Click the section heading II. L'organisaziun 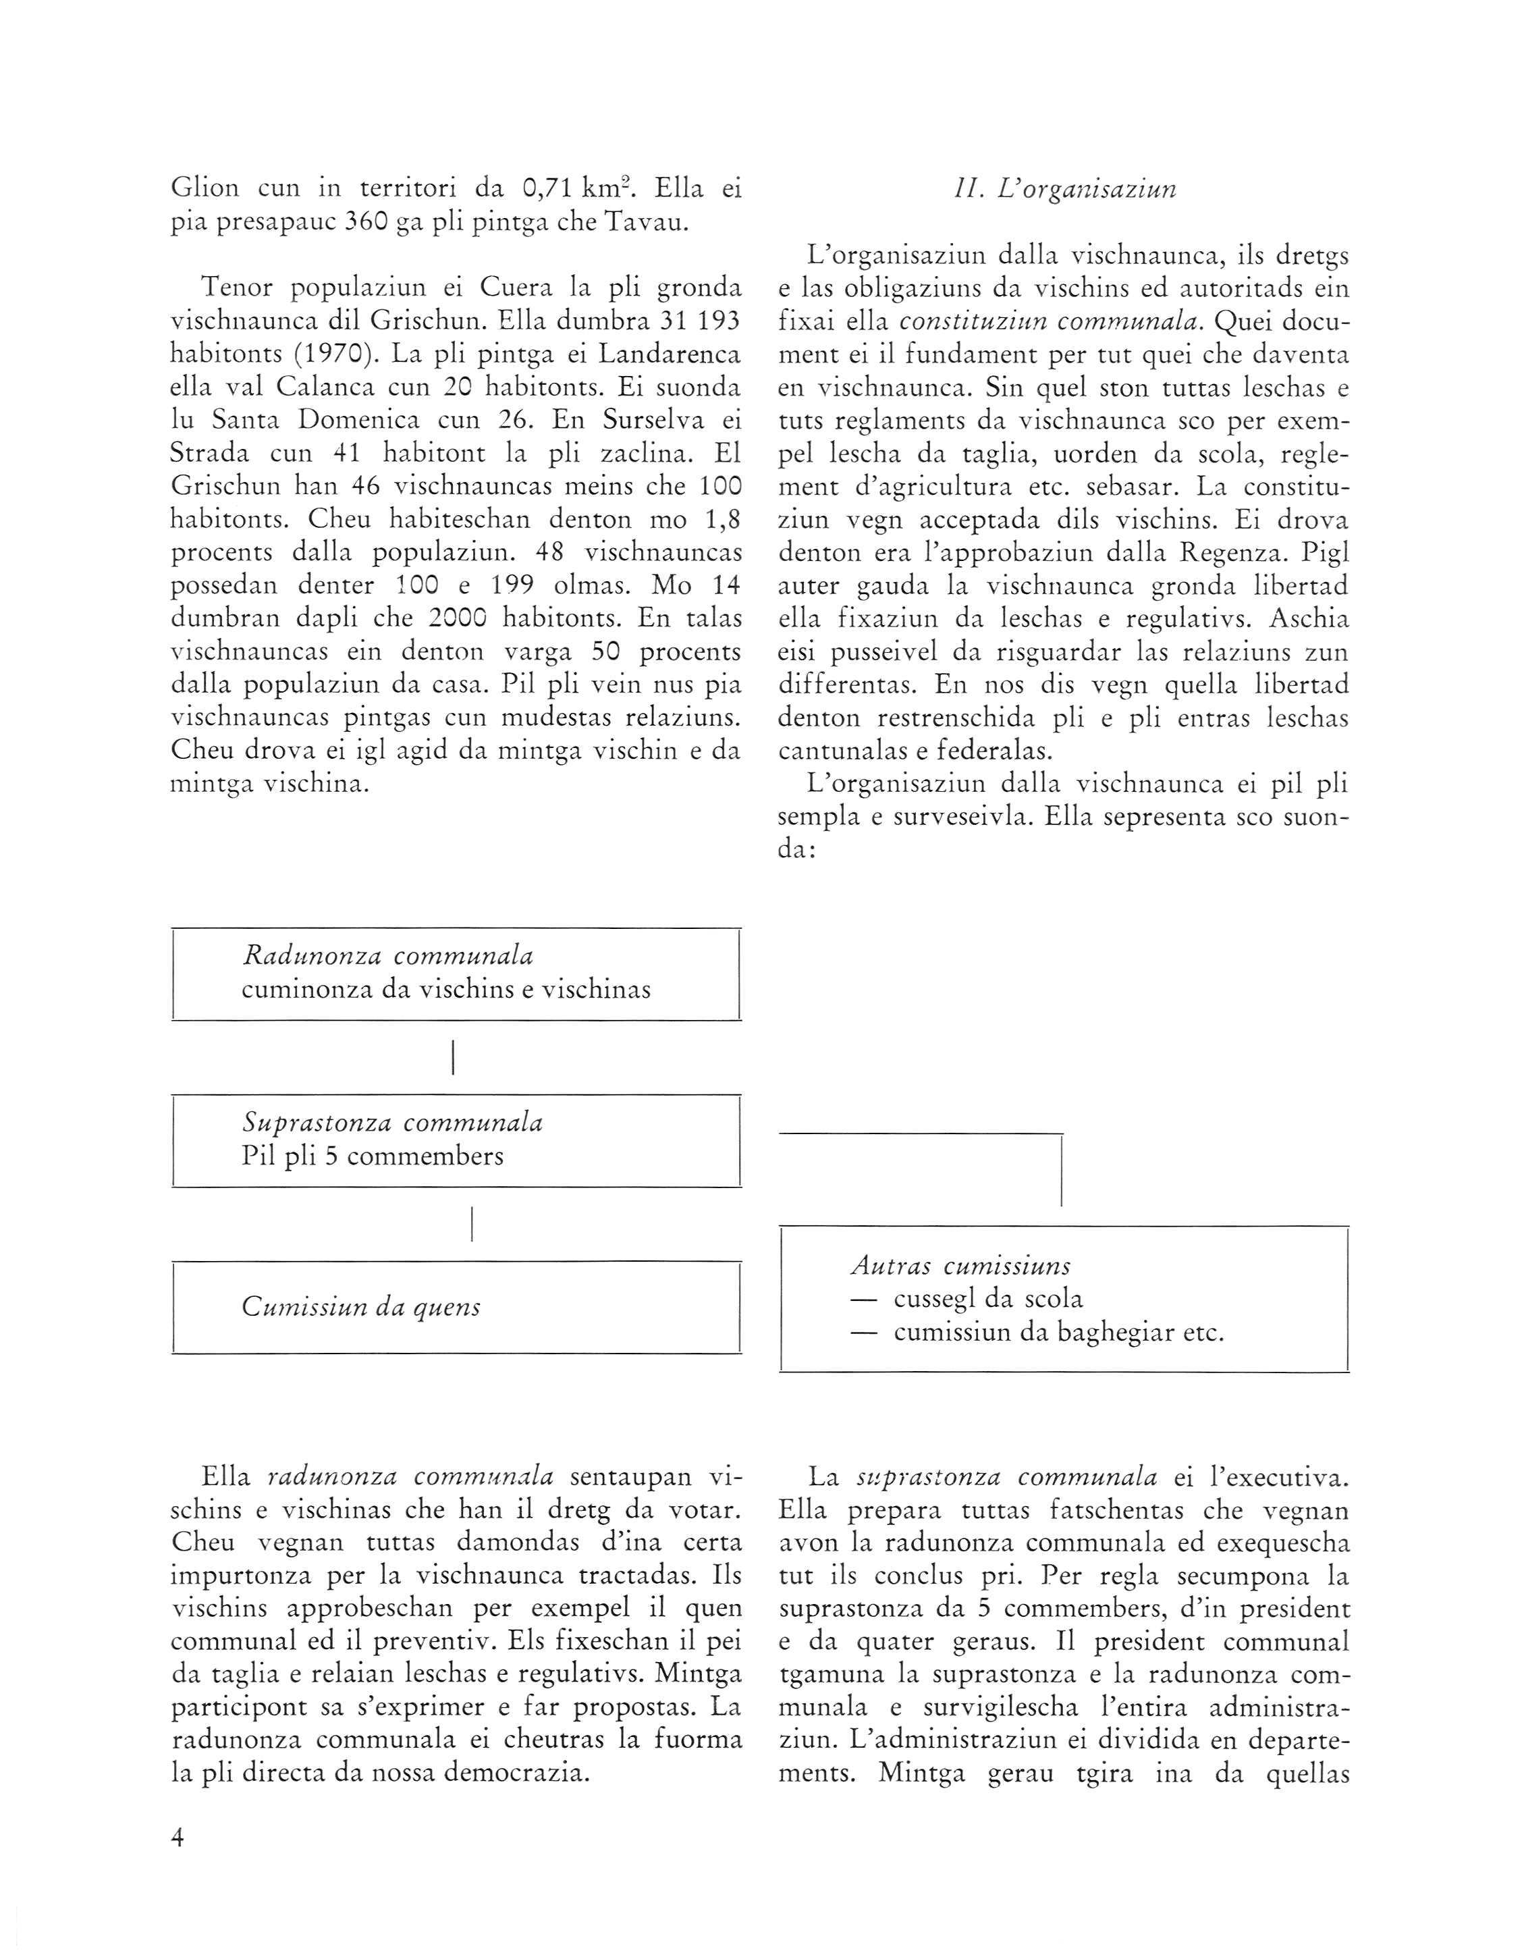[1063, 190]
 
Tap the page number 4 [177, 1838]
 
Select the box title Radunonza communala [387, 956]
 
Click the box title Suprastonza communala [392, 1122]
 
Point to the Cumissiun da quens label [361, 1307]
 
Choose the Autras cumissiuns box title [960, 1265]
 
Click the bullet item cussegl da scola [988, 1298]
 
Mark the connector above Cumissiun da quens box [471, 1223]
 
